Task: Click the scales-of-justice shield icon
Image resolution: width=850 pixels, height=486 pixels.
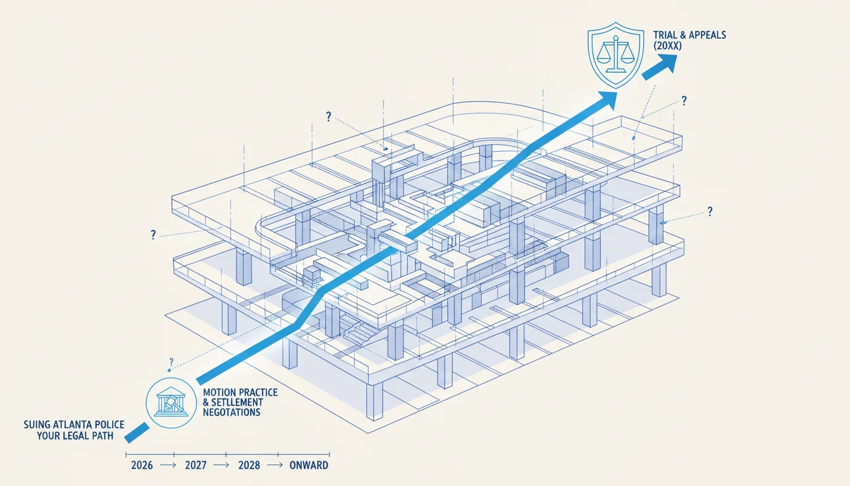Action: tap(615, 55)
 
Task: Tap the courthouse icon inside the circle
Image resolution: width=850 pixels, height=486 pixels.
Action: tap(171, 402)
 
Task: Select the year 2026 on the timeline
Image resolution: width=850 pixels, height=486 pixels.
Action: tap(142, 465)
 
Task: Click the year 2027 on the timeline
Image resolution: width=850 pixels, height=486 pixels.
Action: tap(196, 465)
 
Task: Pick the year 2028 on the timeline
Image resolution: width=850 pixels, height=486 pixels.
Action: tap(249, 465)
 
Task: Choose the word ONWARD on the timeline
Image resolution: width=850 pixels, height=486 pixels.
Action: tap(309, 465)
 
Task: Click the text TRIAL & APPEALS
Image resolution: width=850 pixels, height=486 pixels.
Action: tap(689, 35)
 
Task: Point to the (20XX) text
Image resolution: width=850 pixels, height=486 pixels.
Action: tap(667, 46)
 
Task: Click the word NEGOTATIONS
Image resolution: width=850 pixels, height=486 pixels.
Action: tap(231, 413)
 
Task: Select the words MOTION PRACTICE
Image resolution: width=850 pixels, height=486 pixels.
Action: tap(240, 392)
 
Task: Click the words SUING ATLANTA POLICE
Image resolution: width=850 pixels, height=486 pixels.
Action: tap(74, 425)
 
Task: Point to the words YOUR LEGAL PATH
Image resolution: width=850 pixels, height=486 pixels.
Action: tap(75, 435)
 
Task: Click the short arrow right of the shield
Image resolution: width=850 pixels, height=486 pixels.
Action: tap(660, 66)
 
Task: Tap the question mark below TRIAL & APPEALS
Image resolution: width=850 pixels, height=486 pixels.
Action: tap(684, 101)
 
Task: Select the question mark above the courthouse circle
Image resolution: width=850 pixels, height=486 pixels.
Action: tap(171, 361)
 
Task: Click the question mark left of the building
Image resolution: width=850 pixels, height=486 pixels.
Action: tap(153, 235)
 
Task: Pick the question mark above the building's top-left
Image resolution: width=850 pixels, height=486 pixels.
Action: tap(329, 116)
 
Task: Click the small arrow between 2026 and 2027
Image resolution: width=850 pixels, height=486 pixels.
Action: tap(168, 465)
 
